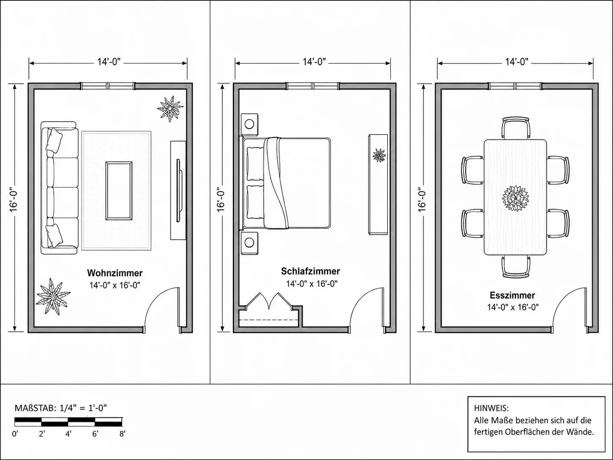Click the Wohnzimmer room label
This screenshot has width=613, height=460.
click(115, 273)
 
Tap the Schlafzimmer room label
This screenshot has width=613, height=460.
click(311, 271)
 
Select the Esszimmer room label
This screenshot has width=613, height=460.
click(513, 295)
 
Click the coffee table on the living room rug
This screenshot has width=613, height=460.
click(119, 191)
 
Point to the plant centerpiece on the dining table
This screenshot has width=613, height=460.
click(516, 198)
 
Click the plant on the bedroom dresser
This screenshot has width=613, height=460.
click(379, 155)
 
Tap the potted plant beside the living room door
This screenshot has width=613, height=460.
click(53, 297)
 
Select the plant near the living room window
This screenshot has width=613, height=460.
click(170, 108)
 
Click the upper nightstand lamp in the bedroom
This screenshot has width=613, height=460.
click(249, 123)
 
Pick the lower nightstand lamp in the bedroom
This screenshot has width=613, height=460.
click(249, 243)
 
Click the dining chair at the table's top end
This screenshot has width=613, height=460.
click(516, 127)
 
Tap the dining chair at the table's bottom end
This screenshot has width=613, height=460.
click(516, 266)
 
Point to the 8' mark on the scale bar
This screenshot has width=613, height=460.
click(122, 434)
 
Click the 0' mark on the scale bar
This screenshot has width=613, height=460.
click(15, 434)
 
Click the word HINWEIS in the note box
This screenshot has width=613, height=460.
click(491, 408)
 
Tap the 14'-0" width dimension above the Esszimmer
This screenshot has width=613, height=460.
click(516, 62)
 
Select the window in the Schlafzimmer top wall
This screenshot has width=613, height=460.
click(313, 86)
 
